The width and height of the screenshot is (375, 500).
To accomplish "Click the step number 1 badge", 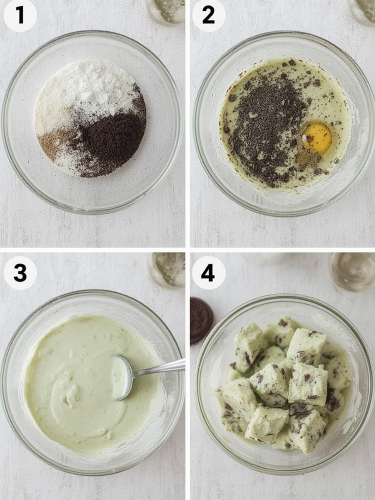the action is click(20, 16).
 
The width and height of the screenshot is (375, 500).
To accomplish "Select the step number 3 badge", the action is click(20, 273).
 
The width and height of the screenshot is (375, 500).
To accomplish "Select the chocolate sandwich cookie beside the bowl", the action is click(201, 320).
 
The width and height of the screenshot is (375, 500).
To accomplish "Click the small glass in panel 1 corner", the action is click(167, 12).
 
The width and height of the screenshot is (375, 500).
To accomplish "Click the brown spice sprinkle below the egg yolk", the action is click(305, 157).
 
